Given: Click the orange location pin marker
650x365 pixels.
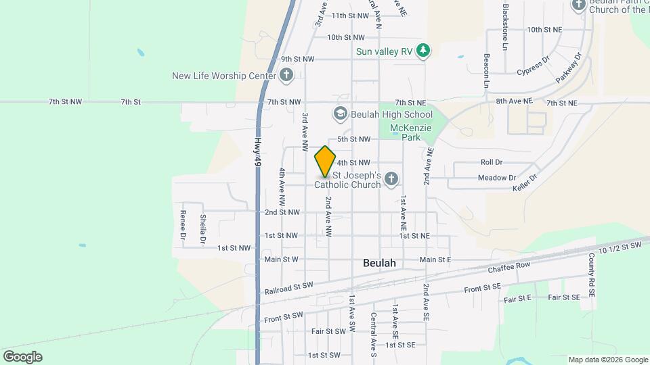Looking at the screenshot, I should click(325, 162).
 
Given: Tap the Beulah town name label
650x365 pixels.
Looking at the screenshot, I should click(379, 263).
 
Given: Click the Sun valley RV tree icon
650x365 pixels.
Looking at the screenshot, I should click(423, 51).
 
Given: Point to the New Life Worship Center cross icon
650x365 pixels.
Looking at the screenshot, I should click(286, 75).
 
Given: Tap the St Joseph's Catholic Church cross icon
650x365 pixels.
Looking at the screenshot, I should click(391, 179).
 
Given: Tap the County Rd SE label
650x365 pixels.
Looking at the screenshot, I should click(591, 275).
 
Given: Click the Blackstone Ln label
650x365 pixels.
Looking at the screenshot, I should click(505, 27).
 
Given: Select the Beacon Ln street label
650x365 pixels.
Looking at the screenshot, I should click(486, 71).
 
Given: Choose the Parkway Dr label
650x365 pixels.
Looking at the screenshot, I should click(569, 68).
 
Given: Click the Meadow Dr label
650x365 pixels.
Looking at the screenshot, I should click(496, 178).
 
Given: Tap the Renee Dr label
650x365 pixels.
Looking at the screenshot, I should click(183, 226).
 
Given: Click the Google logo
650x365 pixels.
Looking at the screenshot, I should click(22, 357).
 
